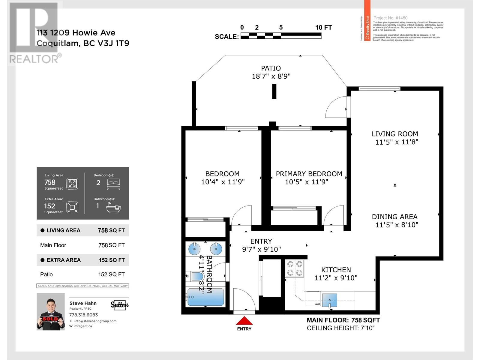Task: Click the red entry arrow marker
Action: pos(244,321)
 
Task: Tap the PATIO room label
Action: pos(271,68)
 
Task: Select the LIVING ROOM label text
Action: pos(395,134)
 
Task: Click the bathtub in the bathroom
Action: pos(205,297)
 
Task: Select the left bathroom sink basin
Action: pos(194,249)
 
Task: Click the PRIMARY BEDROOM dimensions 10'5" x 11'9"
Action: pos(307,182)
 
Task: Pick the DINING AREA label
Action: pos(394,217)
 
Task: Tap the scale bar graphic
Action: pos(281,36)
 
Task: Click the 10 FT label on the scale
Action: pos(323,28)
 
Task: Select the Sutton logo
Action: pos(119,305)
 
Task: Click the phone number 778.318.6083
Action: pos(83,315)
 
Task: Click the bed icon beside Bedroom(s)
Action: pos(113,184)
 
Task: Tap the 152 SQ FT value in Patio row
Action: pos(111,274)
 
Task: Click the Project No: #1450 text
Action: pos(390,18)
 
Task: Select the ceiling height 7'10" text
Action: pos(341,328)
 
